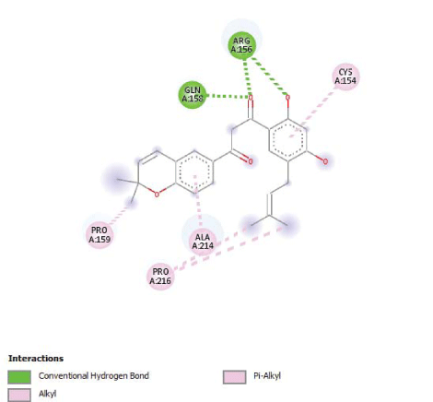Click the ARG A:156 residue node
[241, 45]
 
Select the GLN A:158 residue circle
[193, 95]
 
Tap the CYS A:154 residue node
[345, 77]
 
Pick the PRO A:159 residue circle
[99, 235]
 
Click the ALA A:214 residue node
[203, 242]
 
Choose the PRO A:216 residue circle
[160, 277]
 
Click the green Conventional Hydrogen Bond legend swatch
[19, 377]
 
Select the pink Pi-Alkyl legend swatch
[235, 377]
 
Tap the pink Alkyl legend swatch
[19, 396]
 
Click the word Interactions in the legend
[36, 359]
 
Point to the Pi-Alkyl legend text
[267, 376]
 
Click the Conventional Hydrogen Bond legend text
[94, 376]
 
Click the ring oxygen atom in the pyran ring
[157, 195]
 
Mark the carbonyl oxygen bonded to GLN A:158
[251, 98]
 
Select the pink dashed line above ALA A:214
[198, 202]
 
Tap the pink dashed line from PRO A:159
[120, 214]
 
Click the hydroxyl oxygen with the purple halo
[325, 161]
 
